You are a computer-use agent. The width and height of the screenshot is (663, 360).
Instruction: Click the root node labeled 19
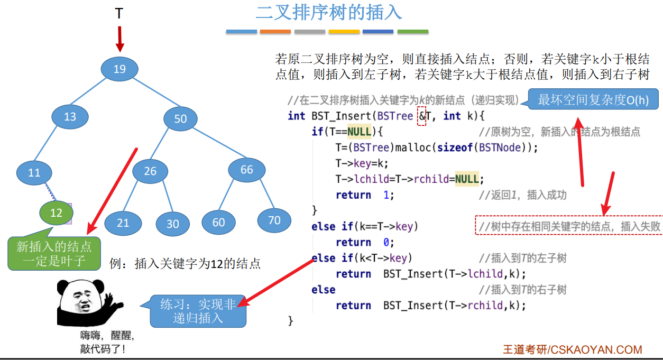119,69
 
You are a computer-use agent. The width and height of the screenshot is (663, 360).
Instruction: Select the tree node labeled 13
70,117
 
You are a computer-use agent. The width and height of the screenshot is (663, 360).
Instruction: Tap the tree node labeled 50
181,118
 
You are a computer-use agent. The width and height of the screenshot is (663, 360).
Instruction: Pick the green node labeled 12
56,213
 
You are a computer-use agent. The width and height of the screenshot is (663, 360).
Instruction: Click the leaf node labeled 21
123,223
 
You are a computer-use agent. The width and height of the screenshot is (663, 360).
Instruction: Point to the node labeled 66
246,170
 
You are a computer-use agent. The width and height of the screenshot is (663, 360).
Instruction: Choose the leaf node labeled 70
274,220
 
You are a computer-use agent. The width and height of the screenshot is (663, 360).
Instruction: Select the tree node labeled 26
151,171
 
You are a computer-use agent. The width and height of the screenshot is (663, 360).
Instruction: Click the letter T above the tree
119,14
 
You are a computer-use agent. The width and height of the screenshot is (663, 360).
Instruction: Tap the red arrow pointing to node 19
120,39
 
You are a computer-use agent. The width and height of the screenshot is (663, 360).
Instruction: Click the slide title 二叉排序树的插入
329,12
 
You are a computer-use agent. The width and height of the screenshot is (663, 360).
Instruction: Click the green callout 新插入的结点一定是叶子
54,253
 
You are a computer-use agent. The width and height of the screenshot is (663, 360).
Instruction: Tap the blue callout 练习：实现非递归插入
198,311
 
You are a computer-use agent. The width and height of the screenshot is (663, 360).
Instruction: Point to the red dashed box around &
421,116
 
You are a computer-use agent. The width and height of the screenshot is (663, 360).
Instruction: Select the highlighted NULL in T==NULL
360,132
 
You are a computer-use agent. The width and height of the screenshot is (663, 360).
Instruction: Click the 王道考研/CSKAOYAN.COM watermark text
572,349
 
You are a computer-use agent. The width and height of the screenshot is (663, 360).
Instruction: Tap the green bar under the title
412,32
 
